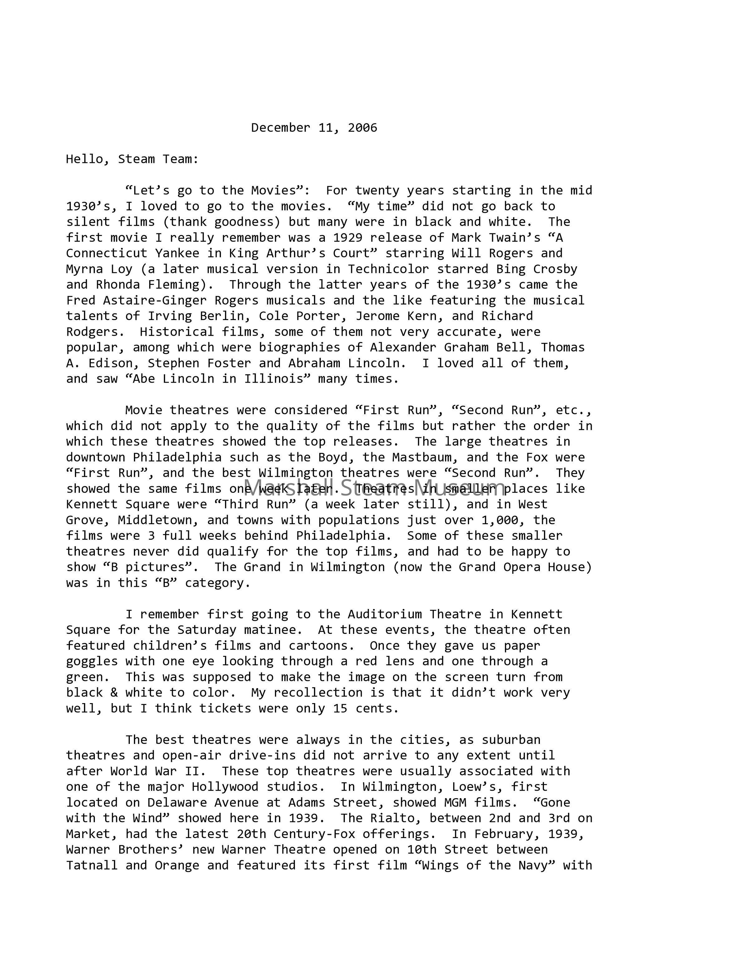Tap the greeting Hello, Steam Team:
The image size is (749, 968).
pos(132,159)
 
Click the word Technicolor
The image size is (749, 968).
pos(388,269)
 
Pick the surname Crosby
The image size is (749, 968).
pos(555,269)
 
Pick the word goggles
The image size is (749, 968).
pos(92,661)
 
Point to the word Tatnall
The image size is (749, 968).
pos(92,865)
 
